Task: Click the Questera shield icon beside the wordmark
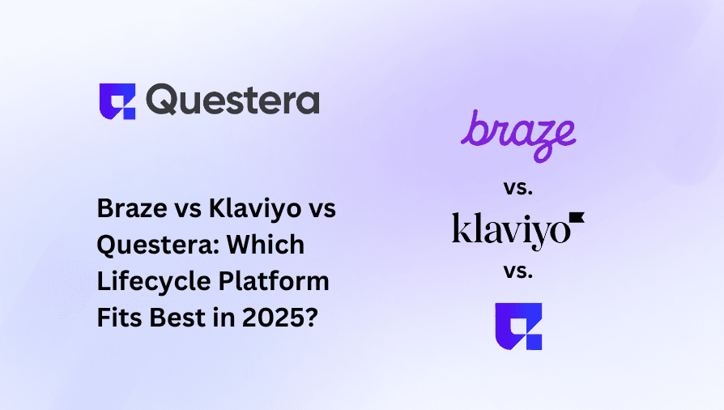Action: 117,101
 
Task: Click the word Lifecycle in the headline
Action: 147,282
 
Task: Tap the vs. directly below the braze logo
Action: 518,188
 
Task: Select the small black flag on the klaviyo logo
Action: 577,217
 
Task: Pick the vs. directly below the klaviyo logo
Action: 518,272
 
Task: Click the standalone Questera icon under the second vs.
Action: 518,326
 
